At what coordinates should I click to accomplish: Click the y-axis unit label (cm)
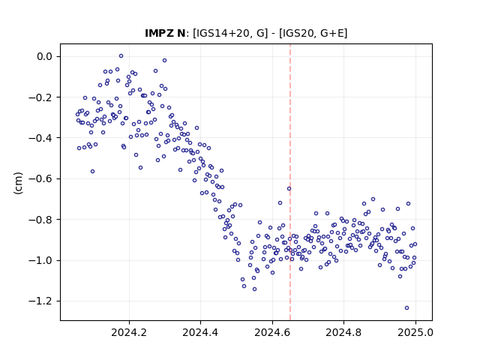pyautogui.click(x=18, y=183)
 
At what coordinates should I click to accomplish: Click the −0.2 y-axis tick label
pyautogui.click(x=40, y=97)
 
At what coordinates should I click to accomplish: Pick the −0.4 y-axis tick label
pyautogui.click(x=40, y=138)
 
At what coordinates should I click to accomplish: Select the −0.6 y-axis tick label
pyautogui.click(x=40, y=178)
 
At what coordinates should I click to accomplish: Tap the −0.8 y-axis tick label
pyautogui.click(x=40, y=220)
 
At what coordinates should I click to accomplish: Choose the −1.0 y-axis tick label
pyautogui.click(x=40, y=260)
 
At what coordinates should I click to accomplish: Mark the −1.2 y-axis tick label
pyautogui.click(x=40, y=301)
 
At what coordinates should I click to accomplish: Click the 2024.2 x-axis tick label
pyautogui.click(x=129, y=332)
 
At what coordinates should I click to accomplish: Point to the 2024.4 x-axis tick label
pyautogui.click(x=200, y=332)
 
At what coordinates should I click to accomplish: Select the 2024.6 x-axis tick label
pyautogui.click(x=272, y=332)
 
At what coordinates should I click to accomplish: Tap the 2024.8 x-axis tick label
pyautogui.click(x=343, y=332)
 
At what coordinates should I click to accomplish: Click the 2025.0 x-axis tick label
pyautogui.click(x=415, y=332)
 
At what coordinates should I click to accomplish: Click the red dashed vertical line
pyautogui.click(x=290, y=182)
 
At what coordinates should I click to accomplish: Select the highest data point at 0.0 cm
pyautogui.click(x=121, y=56)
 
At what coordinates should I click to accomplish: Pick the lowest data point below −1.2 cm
pyautogui.click(x=406, y=308)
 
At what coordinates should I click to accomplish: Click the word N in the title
pyautogui.click(x=181, y=33)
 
